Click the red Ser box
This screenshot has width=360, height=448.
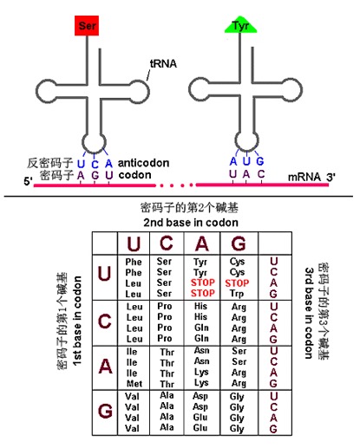(87, 25)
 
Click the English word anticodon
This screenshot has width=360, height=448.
(144, 161)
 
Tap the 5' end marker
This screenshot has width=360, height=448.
(29, 182)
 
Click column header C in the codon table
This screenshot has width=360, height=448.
(164, 243)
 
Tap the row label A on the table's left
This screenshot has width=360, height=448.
(104, 366)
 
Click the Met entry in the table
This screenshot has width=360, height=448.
(134, 382)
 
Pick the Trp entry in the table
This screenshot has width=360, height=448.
(237, 294)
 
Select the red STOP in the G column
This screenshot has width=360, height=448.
(237, 283)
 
